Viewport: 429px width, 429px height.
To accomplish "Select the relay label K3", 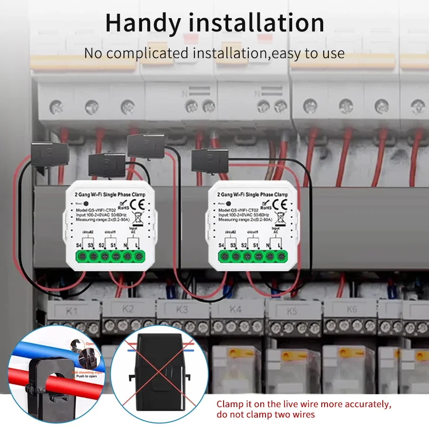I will pyautogui.click(x=182, y=309).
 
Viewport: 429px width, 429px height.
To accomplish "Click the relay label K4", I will pyautogui.click(x=235, y=309).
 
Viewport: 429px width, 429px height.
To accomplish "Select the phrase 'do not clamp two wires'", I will pyautogui.click(x=266, y=415).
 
